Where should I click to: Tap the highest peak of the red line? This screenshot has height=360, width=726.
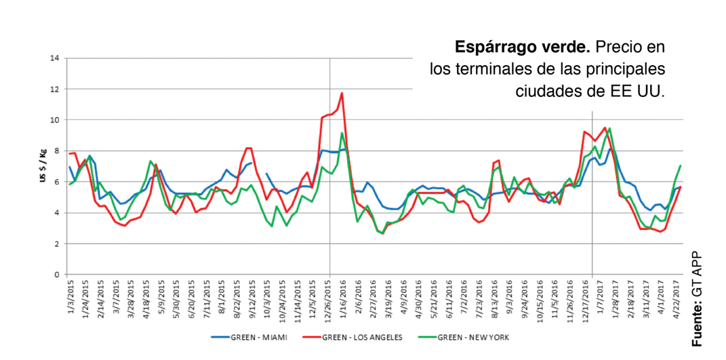click(x=342, y=94)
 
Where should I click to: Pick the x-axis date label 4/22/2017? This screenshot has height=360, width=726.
click(x=677, y=298)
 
